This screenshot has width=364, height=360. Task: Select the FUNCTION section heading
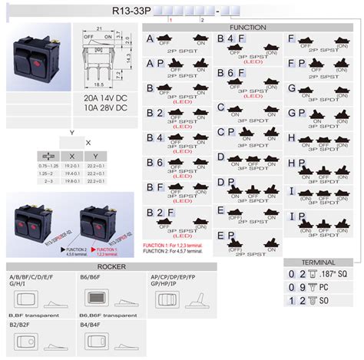click(x=247, y=28)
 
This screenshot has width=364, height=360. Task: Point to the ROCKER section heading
click(x=111, y=266)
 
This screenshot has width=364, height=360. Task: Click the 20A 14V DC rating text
click(x=101, y=99)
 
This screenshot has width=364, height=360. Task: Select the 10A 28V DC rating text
click(x=101, y=109)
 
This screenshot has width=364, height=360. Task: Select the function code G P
click(x=296, y=113)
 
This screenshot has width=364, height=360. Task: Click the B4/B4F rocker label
click(x=89, y=325)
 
